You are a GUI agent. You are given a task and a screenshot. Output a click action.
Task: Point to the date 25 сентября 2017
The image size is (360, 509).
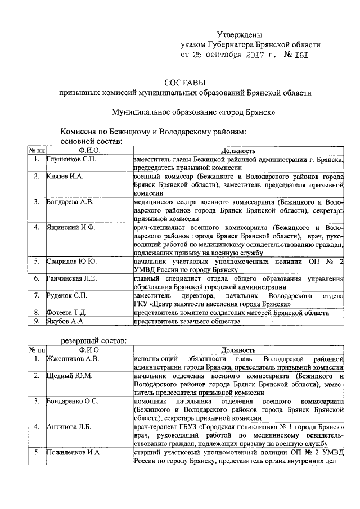tap(236, 55)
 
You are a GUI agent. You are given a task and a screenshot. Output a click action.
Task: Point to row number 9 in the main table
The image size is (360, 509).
tap(35, 321)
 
